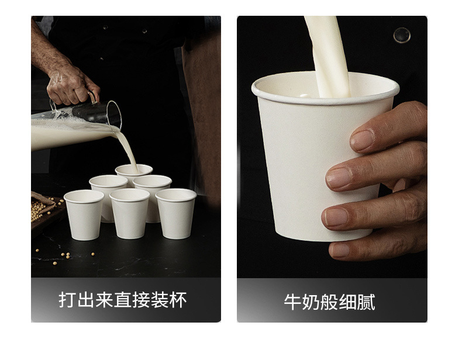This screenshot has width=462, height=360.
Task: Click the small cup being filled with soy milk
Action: [x=134, y=174]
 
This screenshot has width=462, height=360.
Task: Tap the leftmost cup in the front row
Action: [x=84, y=215]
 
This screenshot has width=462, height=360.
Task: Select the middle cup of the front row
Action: [x=130, y=213]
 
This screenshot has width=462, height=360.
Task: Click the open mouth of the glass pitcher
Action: [x=114, y=114]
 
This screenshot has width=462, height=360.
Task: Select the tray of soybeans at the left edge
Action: [x=44, y=212]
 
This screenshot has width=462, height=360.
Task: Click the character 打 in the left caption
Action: [x=67, y=300]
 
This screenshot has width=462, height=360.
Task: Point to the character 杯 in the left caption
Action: [x=178, y=300]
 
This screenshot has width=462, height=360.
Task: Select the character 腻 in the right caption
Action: [x=366, y=302]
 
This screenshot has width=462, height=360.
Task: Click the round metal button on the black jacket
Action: [x=402, y=35]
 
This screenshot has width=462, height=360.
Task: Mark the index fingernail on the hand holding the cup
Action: [x=362, y=140]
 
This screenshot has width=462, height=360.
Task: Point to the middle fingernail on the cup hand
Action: [x=339, y=178]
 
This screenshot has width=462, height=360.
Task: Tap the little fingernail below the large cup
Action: [x=340, y=250]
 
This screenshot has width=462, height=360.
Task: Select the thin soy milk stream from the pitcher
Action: [x=127, y=151]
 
